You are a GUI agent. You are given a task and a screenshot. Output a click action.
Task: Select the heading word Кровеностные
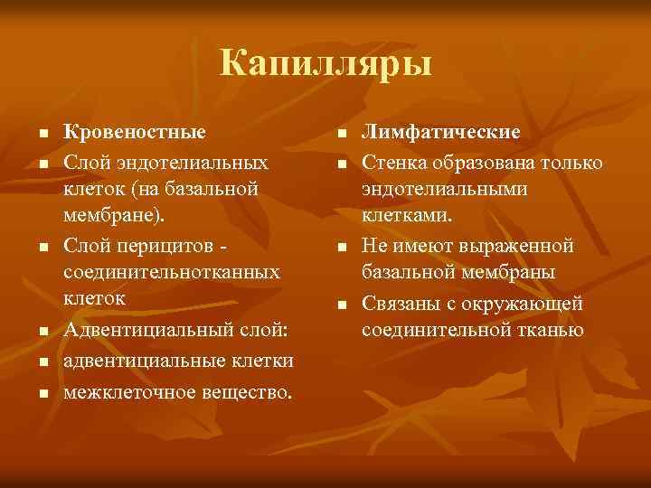pyautogui.click(x=135, y=132)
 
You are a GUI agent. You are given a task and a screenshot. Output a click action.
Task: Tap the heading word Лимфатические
pyautogui.click(x=441, y=132)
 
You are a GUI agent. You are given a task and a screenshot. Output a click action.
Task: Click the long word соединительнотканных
pyautogui.click(x=173, y=271)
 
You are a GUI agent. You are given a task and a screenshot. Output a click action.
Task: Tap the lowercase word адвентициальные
pyautogui.click(x=141, y=361)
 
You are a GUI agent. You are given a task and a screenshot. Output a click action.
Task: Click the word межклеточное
pyautogui.click(x=127, y=391)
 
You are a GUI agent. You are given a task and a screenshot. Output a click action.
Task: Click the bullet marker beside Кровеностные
pyautogui.click(x=42, y=134)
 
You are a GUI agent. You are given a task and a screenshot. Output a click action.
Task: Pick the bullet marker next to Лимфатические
pyautogui.click(x=341, y=134)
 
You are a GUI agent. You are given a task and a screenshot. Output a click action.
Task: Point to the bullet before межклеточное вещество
pyautogui.click(x=42, y=393)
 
